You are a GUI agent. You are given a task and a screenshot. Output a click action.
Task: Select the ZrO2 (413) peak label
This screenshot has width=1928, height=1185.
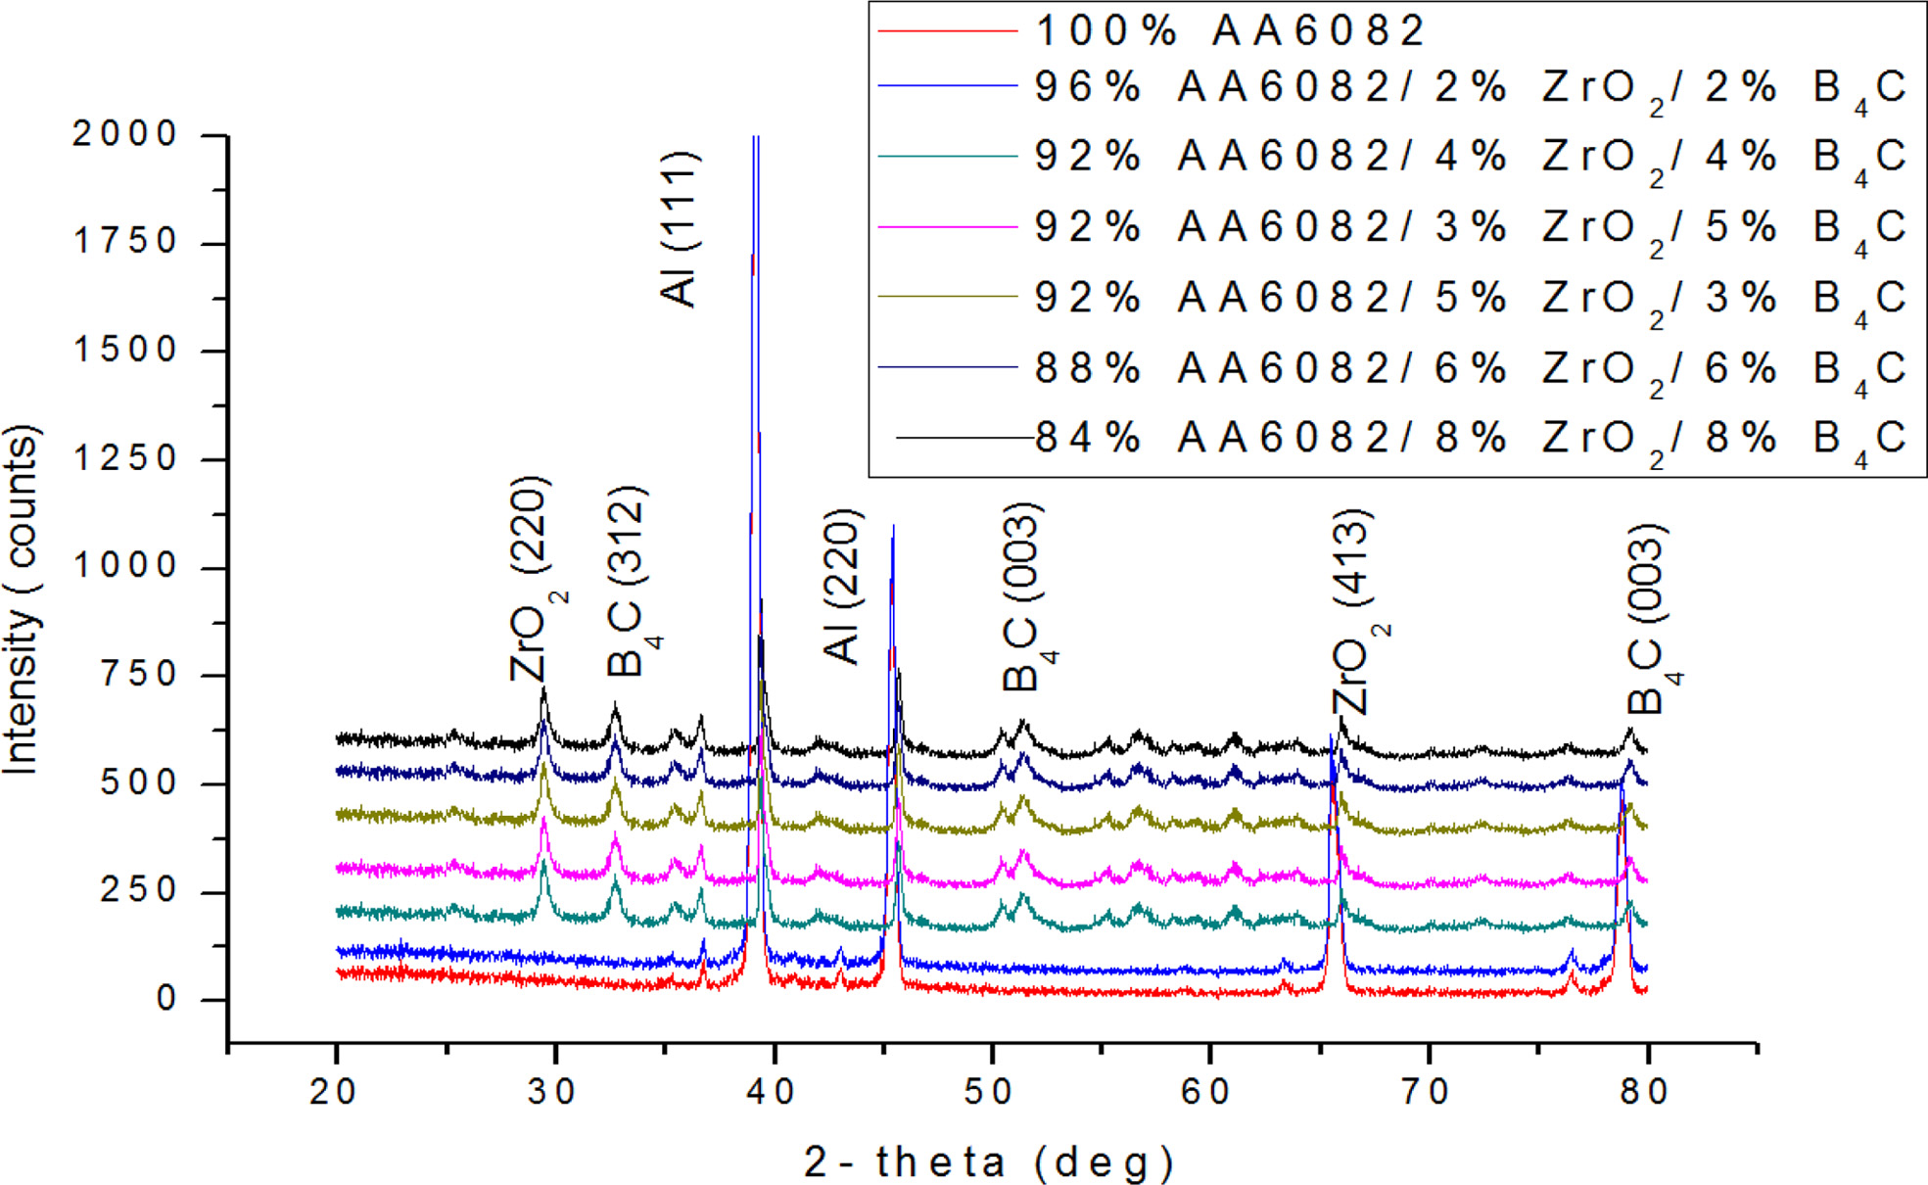coord(1357,612)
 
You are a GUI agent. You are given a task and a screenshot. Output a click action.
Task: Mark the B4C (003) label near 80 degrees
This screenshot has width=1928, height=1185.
coord(1651,620)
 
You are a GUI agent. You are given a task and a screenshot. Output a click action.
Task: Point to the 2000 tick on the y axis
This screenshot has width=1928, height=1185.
coord(124,134)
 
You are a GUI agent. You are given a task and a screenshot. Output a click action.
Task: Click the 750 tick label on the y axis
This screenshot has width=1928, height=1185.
coord(139,675)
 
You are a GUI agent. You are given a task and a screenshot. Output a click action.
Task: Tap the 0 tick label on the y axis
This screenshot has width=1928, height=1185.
coord(166,999)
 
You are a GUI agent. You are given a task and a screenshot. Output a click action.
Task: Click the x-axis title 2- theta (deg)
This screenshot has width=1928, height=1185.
coord(989,1162)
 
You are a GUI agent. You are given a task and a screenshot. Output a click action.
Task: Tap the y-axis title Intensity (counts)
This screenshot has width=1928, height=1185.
coord(22,599)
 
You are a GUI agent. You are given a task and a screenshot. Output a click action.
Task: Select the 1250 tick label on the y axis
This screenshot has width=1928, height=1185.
coord(124,458)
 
